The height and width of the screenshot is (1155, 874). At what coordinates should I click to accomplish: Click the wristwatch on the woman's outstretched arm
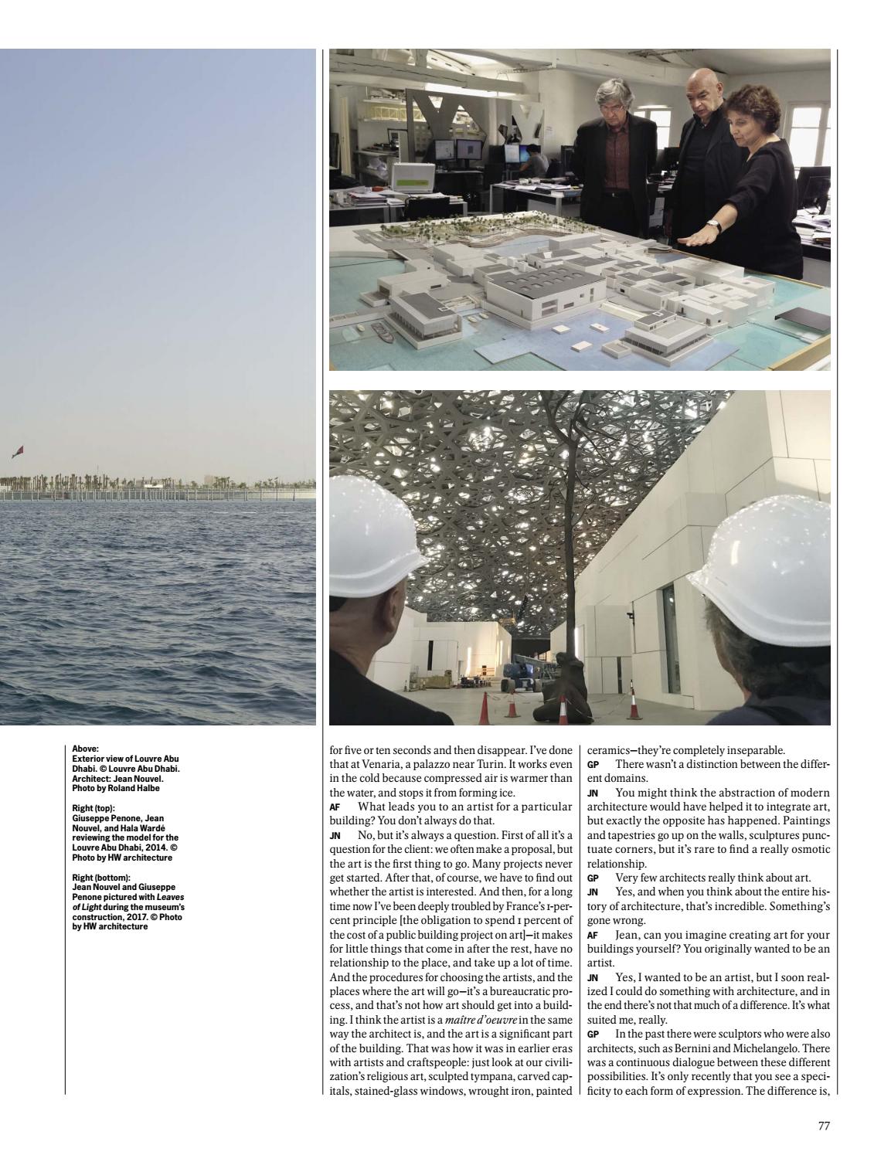click(x=715, y=225)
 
